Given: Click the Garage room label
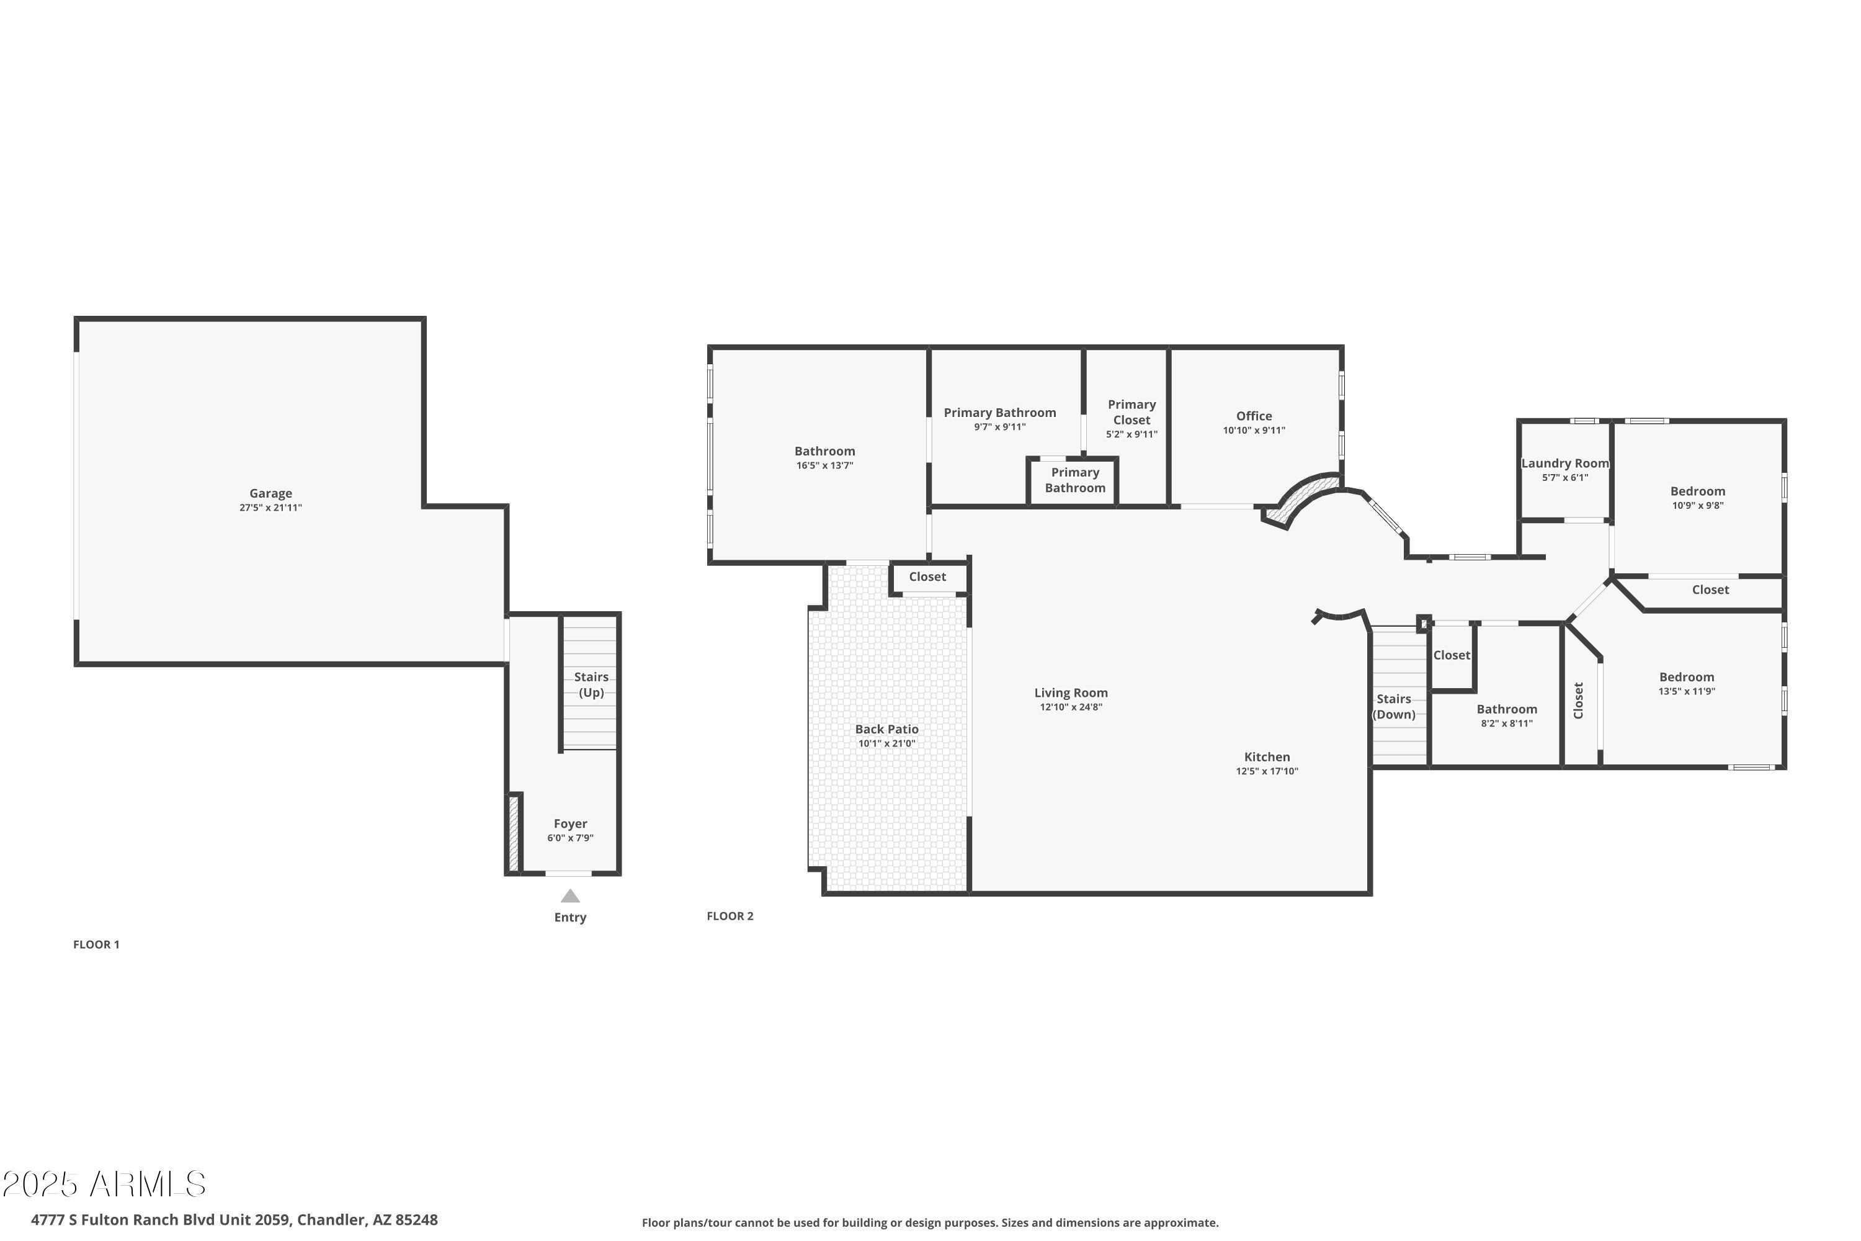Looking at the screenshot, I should tap(270, 493).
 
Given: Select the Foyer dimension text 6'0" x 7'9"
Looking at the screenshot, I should tap(569, 837).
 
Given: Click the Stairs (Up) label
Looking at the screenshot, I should tap(591, 684).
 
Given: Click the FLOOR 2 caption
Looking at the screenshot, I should tap(730, 916).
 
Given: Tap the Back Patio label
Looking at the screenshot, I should tap(886, 729).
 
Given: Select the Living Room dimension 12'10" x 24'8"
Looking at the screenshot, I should tap(1071, 707).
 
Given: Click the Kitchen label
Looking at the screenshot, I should tap(1267, 756).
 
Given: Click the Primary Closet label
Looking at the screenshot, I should tap(1131, 411).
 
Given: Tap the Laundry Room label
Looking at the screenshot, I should tap(1564, 463).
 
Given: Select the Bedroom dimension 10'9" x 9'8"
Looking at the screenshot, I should tap(1697, 505).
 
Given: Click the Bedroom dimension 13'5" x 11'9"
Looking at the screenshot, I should tap(1686, 691).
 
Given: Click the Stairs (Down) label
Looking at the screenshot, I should tap(1393, 706).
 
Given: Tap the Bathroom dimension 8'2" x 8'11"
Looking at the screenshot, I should tap(1507, 723).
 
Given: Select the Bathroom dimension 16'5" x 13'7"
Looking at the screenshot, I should tap(824, 465).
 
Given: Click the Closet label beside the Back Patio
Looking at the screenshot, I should tap(927, 576).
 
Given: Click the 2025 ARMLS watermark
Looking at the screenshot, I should tap(104, 1185).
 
